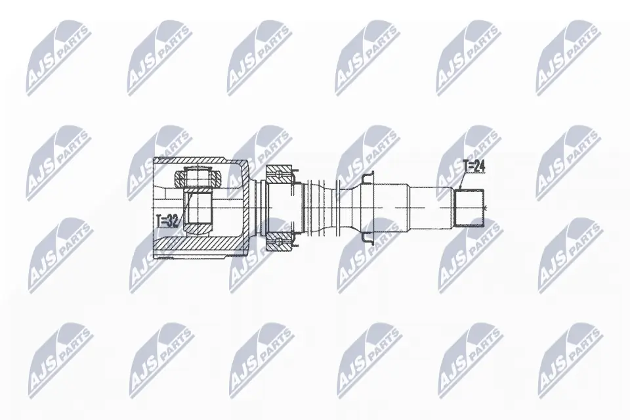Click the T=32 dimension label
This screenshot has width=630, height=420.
[168, 222]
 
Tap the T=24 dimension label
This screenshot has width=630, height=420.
[472, 167]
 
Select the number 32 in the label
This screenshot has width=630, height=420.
[173, 222]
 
